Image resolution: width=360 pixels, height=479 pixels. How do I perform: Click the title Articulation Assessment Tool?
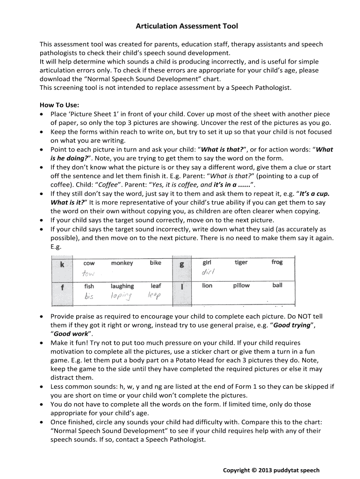click(180, 27)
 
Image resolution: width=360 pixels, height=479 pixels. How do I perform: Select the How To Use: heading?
click(59, 105)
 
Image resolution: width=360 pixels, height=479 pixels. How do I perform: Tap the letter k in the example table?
click(62, 265)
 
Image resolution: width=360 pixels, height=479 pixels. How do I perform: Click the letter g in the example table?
click(182, 264)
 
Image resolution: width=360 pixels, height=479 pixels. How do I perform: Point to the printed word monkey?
click(122, 263)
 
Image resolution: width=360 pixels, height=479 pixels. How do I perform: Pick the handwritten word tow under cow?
click(89, 274)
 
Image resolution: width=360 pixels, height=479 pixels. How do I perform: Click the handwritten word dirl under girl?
click(208, 273)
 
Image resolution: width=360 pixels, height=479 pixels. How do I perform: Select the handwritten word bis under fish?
click(89, 296)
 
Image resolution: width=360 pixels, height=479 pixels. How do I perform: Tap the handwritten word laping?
click(121, 296)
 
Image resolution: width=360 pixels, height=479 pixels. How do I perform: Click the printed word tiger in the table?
click(241, 262)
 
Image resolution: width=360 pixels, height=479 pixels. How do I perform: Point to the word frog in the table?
click(277, 262)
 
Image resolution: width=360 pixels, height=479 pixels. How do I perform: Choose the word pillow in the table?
click(241, 285)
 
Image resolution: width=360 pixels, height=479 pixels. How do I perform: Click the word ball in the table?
click(277, 285)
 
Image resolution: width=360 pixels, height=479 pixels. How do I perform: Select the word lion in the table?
click(207, 285)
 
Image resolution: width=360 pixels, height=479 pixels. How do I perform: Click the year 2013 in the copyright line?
click(260, 470)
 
